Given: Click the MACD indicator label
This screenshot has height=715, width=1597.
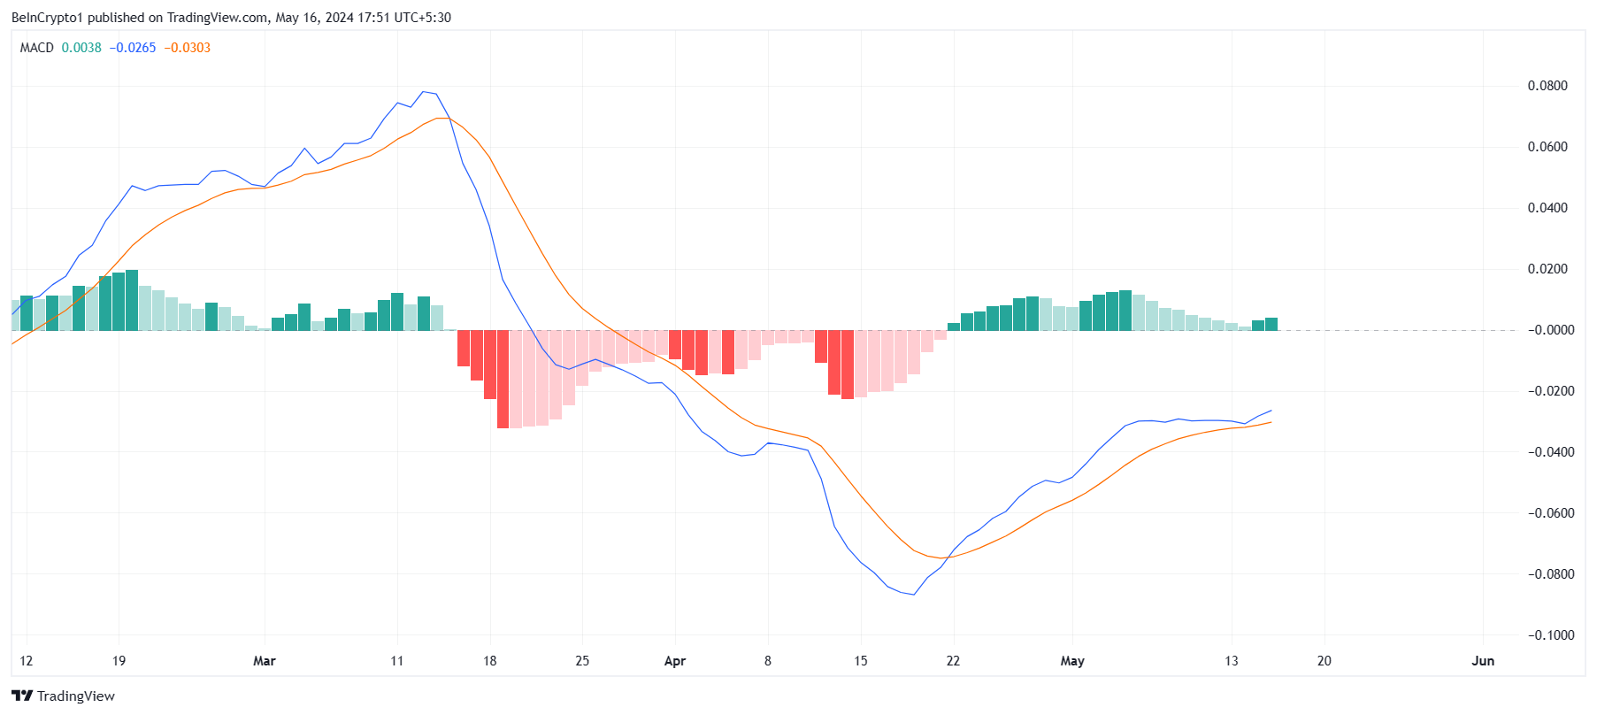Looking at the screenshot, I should click(37, 48).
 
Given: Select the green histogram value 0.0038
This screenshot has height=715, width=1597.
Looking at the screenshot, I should click(81, 48).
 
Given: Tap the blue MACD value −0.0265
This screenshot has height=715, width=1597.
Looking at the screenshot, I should click(133, 48).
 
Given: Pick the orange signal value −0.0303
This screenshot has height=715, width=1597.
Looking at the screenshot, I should click(188, 48).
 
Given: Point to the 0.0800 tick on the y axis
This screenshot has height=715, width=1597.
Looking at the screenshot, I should click(1547, 86).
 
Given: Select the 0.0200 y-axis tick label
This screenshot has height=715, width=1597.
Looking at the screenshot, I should click(1547, 269).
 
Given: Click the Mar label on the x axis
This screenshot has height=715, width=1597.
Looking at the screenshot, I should click(265, 661).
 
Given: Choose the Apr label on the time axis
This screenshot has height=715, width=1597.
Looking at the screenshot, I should click(675, 661).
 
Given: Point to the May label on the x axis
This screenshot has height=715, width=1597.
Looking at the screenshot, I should click(1072, 661).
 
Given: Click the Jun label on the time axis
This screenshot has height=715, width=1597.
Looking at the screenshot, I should click(1483, 661).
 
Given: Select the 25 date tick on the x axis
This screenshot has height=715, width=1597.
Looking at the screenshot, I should click(582, 661).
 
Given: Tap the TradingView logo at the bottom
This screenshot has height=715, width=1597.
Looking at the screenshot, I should click(63, 696).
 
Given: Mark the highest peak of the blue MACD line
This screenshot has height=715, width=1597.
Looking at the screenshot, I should click(424, 91).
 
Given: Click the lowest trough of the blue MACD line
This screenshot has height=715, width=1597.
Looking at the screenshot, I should click(913, 595).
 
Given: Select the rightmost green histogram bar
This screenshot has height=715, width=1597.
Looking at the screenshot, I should click(1271, 324).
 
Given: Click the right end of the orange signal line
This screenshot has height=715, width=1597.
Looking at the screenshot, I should click(1271, 422).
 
